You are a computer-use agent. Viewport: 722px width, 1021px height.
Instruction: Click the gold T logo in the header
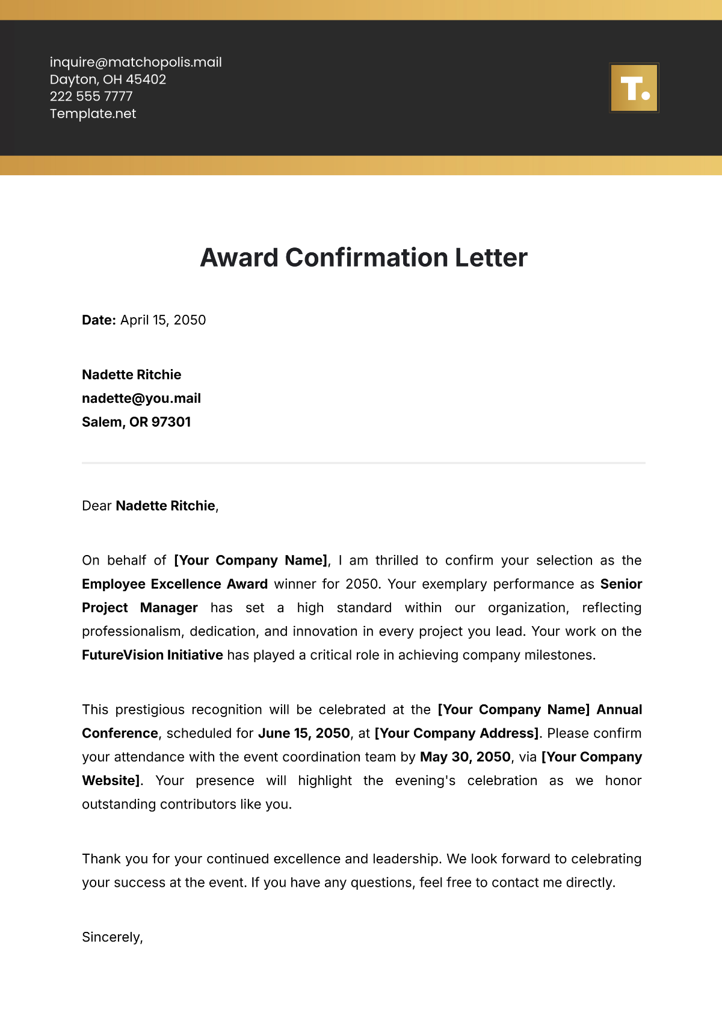click(634, 88)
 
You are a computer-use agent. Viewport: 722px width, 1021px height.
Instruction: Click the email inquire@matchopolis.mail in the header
click(135, 62)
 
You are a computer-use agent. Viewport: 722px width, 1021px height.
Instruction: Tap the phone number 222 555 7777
click(91, 96)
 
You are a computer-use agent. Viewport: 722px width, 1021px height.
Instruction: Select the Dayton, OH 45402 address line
click(108, 79)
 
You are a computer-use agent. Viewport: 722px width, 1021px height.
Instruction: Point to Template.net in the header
click(93, 114)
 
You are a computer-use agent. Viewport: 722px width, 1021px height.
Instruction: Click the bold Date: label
click(99, 320)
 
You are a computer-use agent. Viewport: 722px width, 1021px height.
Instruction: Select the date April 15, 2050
click(163, 320)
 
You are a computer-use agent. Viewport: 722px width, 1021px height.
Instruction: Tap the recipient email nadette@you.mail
click(141, 399)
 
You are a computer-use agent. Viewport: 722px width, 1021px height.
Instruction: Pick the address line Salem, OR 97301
click(136, 422)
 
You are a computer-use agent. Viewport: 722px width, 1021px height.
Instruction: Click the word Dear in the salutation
click(96, 506)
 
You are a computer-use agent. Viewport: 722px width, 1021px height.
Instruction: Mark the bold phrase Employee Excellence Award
click(174, 584)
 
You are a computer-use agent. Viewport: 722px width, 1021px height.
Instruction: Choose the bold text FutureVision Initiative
click(152, 655)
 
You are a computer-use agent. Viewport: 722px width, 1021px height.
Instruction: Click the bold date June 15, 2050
click(304, 733)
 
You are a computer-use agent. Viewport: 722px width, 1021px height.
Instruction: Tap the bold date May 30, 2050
click(465, 757)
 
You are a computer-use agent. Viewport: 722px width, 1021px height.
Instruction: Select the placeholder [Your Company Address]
click(457, 733)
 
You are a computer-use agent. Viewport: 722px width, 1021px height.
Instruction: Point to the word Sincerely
click(111, 937)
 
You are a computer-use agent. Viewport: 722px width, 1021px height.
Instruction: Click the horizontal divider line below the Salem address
click(363, 463)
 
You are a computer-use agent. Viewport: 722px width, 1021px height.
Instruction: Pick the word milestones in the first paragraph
click(563, 655)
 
